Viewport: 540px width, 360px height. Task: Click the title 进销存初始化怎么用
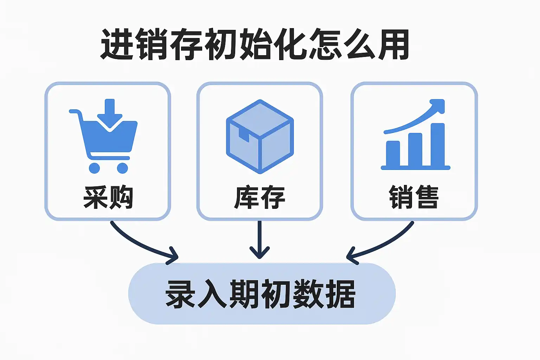coord(254,44)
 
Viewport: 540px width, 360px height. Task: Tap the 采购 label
coord(108,197)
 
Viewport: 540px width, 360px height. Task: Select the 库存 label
coord(259,197)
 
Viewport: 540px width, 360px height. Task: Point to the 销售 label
coord(414,197)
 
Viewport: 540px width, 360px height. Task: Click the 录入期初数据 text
coord(261,294)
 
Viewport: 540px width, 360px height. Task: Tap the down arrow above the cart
coord(110,113)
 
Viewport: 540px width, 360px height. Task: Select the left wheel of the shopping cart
coord(94,168)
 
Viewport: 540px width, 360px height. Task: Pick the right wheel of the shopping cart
coord(122,168)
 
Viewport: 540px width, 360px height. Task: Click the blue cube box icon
coord(260,136)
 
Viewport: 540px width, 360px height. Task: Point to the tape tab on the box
coord(244,135)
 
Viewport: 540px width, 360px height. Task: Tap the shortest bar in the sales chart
coord(393,154)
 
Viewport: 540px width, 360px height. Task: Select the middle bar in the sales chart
coord(415,149)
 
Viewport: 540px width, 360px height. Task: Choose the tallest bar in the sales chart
coord(438,145)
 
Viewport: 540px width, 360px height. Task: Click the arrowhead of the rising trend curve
coord(438,105)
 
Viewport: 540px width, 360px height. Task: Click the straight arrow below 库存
coord(259,240)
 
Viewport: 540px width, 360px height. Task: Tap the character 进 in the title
coord(117,44)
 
